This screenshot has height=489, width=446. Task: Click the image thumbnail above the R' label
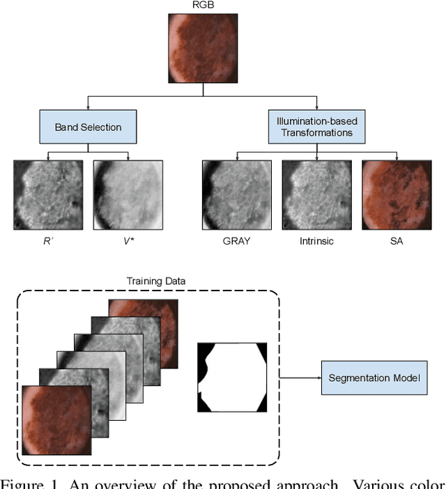tap(47, 195)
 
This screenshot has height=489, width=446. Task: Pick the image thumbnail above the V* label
tap(128, 195)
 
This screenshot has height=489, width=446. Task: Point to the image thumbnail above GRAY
tap(236, 195)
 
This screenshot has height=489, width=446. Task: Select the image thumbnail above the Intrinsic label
tap(316, 195)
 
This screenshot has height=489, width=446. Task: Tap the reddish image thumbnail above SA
tap(397, 195)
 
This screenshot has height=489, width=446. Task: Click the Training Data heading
tap(151, 281)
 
